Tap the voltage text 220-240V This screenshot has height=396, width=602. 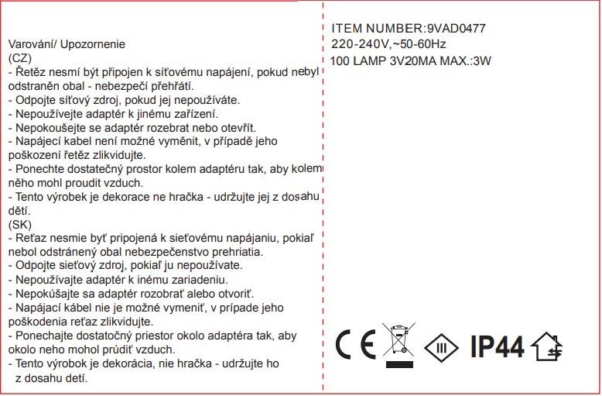(359, 44)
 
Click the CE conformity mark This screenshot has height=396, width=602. (355, 344)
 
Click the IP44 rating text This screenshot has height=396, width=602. (497, 346)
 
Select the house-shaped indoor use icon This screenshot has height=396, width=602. (547, 346)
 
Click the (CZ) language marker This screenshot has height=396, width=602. (19, 58)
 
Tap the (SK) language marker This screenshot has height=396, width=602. (19, 225)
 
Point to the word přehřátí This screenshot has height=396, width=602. (171, 86)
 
